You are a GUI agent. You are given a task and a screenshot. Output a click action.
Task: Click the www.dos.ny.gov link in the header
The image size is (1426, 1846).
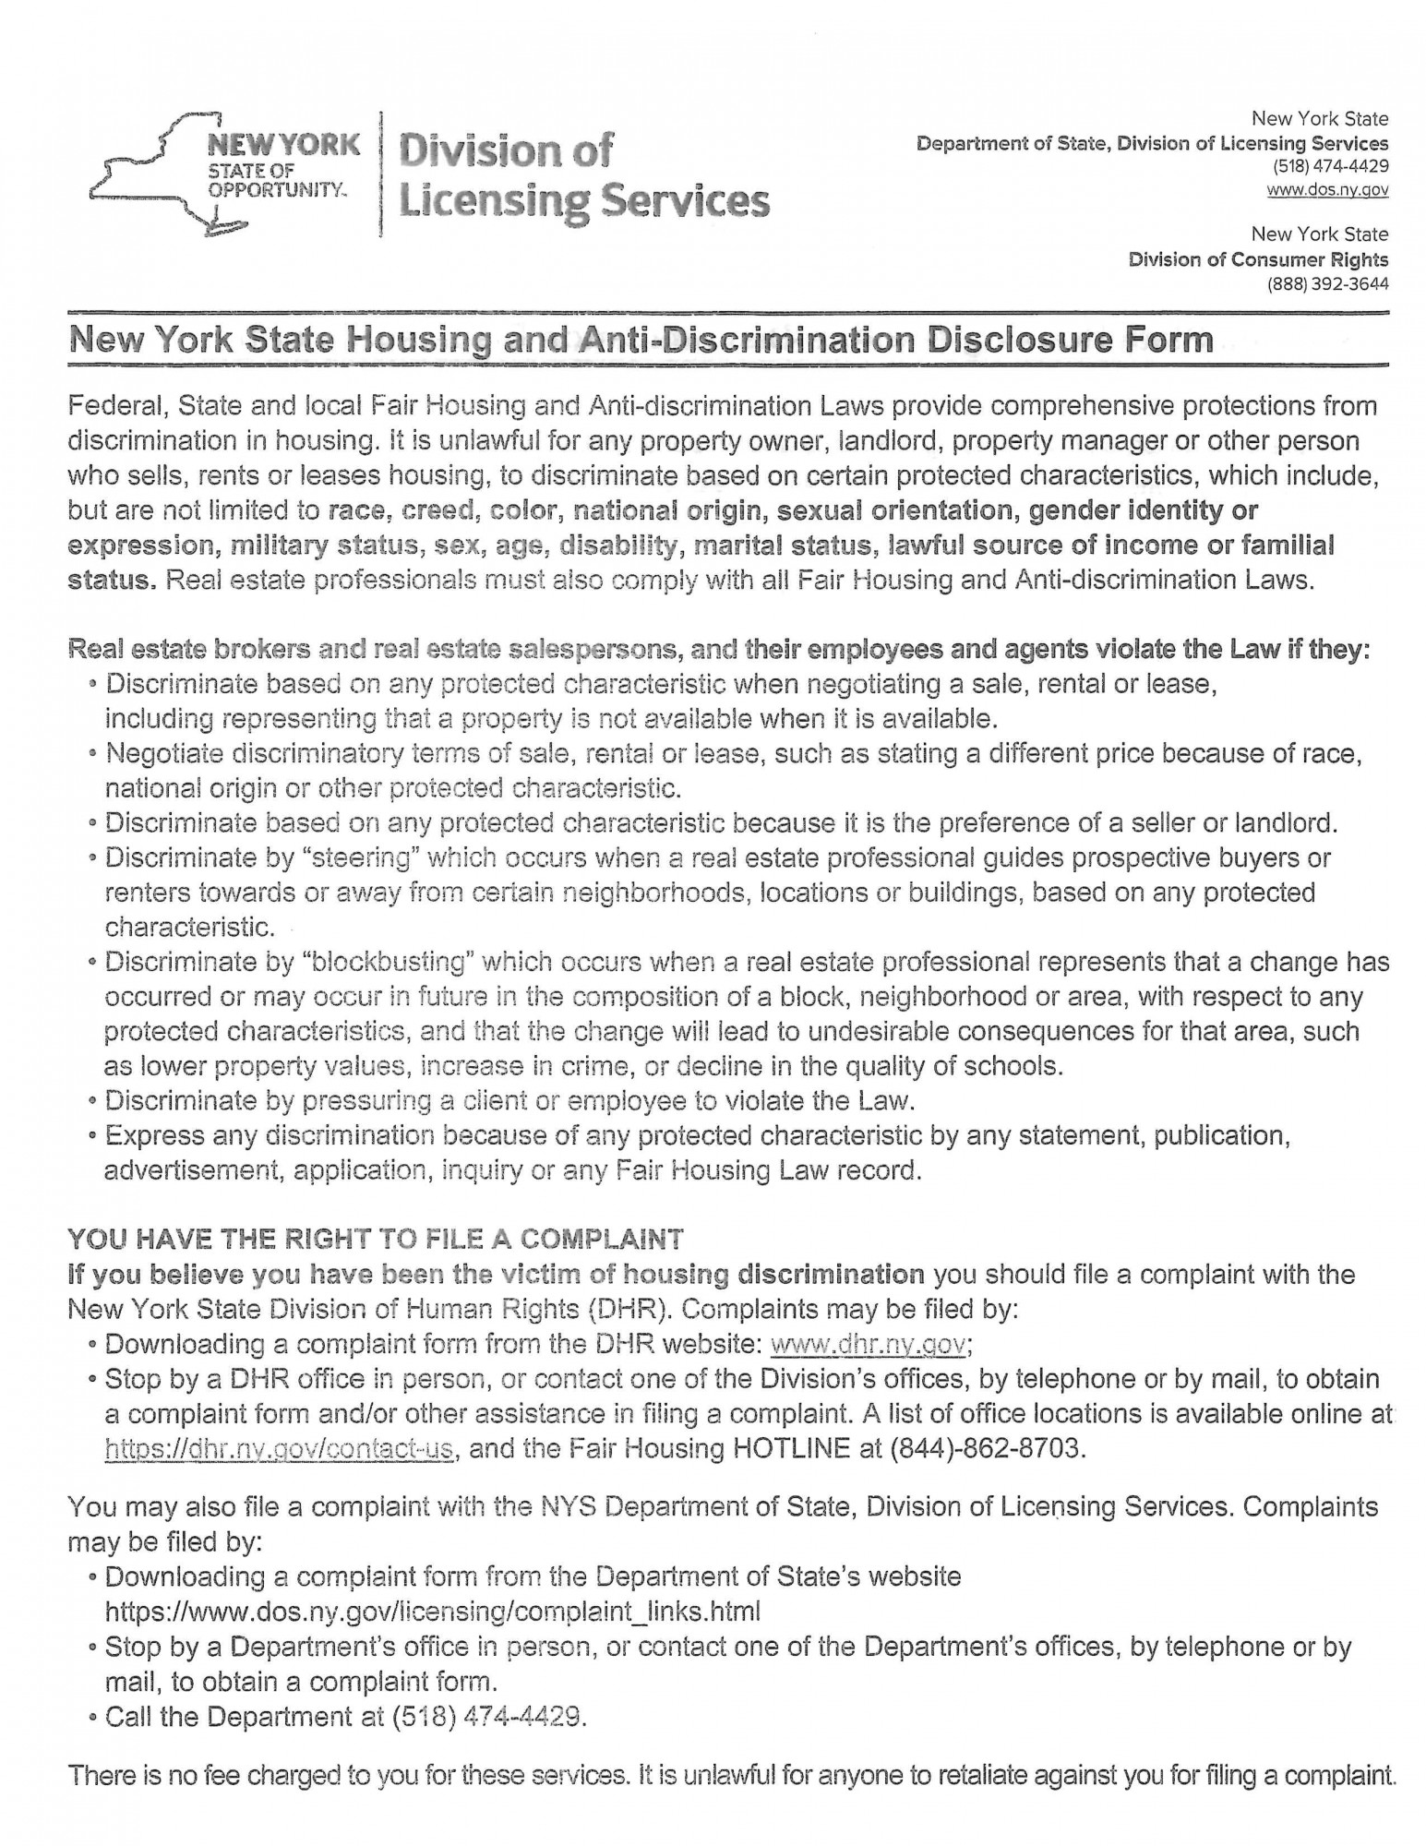(1326, 190)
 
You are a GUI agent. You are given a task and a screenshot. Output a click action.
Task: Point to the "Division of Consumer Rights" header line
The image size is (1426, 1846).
(1257, 259)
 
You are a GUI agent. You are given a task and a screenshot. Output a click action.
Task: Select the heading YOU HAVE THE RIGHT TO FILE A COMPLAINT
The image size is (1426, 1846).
(375, 1239)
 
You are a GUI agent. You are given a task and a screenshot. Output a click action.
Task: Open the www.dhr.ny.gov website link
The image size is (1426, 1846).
(868, 1344)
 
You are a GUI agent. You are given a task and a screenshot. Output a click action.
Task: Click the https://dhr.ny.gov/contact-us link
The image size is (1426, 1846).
(280, 1448)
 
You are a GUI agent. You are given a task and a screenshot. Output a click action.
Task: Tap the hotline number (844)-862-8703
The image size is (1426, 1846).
(983, 1448)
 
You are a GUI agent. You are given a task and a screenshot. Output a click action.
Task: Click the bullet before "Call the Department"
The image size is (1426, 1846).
(93, 1719)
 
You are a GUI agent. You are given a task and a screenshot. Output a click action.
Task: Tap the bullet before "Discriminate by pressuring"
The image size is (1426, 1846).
(92, 1101)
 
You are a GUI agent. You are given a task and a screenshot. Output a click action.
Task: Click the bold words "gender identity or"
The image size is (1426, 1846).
(1144, 510)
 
